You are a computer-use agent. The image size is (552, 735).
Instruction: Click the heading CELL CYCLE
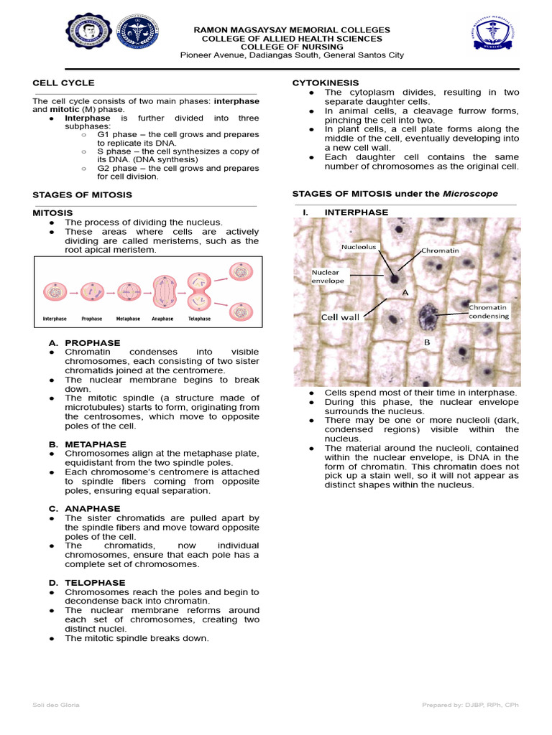tap(63, 83)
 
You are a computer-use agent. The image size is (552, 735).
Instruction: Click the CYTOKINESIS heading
tap(325, 83)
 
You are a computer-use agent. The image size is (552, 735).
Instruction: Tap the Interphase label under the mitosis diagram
tap(55, 319)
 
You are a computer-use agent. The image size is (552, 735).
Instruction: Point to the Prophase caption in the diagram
tap(92, 319)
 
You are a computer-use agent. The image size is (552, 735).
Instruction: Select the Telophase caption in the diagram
tap(199, 319)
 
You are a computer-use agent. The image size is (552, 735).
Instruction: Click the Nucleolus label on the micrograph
tap(358, 246)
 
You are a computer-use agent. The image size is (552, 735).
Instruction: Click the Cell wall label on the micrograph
tap(340, 317)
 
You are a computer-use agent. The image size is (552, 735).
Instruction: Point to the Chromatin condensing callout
tap(489, 312)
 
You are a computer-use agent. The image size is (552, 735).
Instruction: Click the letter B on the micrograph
tap(426, 342)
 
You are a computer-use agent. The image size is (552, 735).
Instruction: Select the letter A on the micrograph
tap(405, 293)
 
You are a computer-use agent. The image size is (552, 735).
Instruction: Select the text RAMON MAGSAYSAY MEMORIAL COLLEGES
tap(292, 30)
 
